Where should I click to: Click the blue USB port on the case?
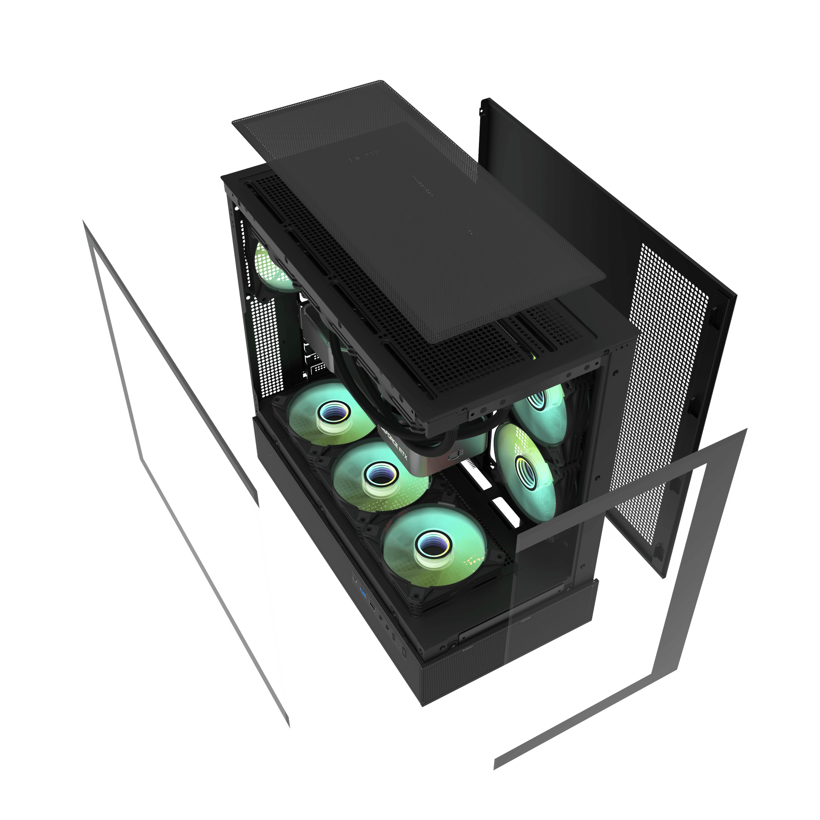point(363,593)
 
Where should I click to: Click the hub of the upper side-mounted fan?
point(537,400)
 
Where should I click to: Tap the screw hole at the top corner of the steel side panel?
point(481,112)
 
